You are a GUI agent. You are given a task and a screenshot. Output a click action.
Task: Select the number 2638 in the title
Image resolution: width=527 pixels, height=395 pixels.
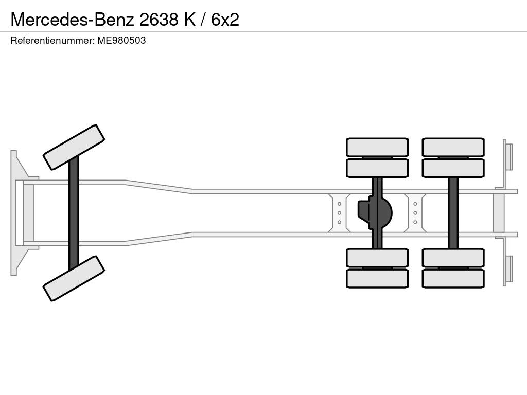pyautogui.click(x=159, y=20)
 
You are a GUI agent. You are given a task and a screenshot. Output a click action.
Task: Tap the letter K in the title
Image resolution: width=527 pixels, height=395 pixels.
pyautogui.click(x=189, y=20)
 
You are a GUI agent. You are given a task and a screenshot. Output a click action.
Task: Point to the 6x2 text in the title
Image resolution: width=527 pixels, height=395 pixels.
pyautogui.click(x=225, y=20)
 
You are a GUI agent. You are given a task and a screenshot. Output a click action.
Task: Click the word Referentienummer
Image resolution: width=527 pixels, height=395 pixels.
pyautogui.click(x=52, y=41)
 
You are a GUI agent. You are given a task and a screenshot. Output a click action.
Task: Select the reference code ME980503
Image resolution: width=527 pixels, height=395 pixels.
pyautogui.click(x=121, y=41)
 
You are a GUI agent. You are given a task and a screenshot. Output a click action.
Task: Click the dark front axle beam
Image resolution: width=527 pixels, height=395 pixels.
pyautogui.click(x=74, y=213)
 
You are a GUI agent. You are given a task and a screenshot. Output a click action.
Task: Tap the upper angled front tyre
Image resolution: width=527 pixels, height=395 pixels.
pyautogui.click(x=74, y=148)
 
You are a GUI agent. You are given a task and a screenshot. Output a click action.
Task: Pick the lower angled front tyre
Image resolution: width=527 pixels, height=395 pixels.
pyautogui.click(x=74, y=278)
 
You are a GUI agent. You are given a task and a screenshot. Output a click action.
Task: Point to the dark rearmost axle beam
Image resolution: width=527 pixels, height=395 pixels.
pyautogui.click(x=453, y=213)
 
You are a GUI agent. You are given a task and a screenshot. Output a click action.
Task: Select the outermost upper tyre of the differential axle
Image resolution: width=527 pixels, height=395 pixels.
pyautogui.click(x=377, y=147)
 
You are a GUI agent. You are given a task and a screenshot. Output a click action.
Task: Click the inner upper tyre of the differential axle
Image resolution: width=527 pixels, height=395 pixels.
pyautogui.click(x=377, y=168)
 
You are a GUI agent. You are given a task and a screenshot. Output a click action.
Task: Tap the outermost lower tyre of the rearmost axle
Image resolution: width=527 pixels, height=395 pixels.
pyautogui.click(x=453, y=278)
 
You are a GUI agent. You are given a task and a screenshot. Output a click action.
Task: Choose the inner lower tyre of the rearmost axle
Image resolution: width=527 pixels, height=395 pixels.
pyautogui.click(x=453, y=258)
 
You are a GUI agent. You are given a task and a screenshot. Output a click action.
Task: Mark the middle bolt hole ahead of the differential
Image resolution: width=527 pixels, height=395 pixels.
pyautogui.click(x=339, y=213)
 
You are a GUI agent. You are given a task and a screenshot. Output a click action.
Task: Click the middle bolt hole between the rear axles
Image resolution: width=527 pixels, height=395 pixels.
pyautogui.click(x=415, y=213)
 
